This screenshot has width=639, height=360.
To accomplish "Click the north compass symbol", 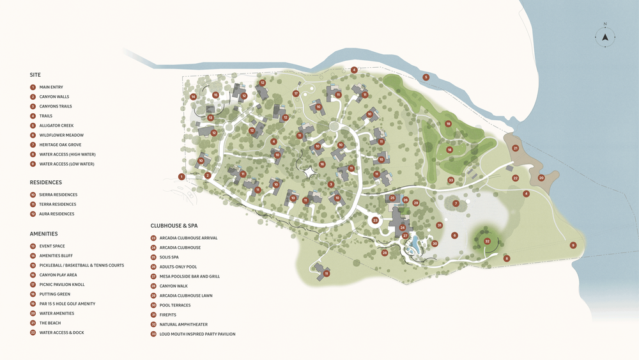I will (x=604, y=36).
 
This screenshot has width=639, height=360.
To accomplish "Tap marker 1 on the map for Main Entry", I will (x=181, y=176).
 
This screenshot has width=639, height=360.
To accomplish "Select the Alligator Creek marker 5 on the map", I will (x=426, y=77).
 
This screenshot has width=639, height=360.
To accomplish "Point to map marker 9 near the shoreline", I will (x=573, y=245).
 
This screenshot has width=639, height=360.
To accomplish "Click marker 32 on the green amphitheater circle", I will (x=487, y=241).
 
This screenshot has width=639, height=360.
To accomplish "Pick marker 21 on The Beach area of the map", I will (x=515, y=148).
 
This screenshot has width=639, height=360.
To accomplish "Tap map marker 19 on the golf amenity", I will (x=448, y=123).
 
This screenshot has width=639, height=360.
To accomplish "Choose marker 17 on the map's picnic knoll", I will (x=296, y=93).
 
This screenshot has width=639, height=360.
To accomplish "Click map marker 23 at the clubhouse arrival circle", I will (x=376, y=220).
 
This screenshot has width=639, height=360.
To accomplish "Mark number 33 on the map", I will (x=450, y=180).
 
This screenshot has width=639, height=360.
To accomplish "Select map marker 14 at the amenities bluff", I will (x=193, y=97).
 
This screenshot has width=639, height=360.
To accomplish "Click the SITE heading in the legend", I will (x=35, y=75).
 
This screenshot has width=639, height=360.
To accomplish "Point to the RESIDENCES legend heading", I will (x=46, y=182).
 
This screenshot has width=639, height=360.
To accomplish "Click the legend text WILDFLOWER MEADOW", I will (x=61, y=135).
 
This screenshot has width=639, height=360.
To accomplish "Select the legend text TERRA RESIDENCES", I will (x=58, y=205).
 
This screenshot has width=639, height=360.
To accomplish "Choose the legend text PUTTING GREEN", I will (x=54, y=294).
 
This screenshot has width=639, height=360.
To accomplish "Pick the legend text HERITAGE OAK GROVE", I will (x=61, y=145).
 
